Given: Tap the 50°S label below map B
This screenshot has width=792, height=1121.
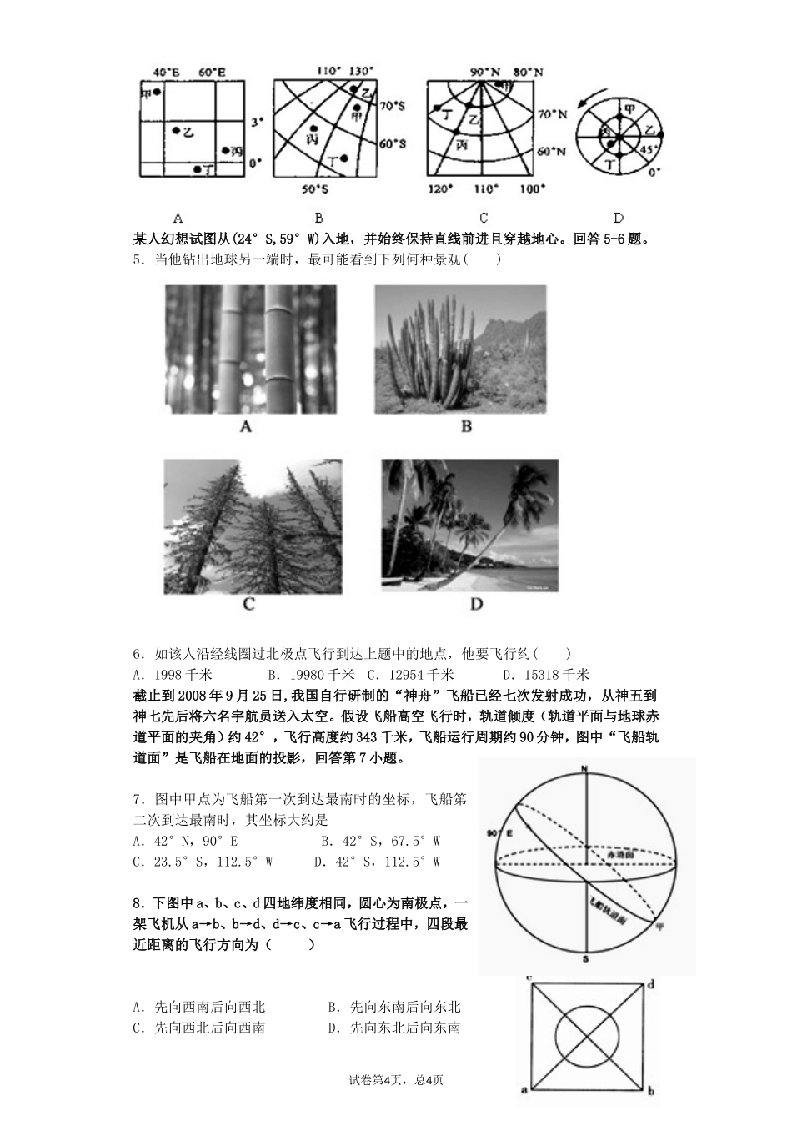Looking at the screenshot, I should tap(315, 189).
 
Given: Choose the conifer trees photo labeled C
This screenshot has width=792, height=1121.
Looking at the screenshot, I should tap(253, 526).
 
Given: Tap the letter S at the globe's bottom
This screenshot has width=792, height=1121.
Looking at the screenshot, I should tap(586, 959).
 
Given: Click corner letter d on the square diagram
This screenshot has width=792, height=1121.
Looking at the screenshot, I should tap(649, 984).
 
